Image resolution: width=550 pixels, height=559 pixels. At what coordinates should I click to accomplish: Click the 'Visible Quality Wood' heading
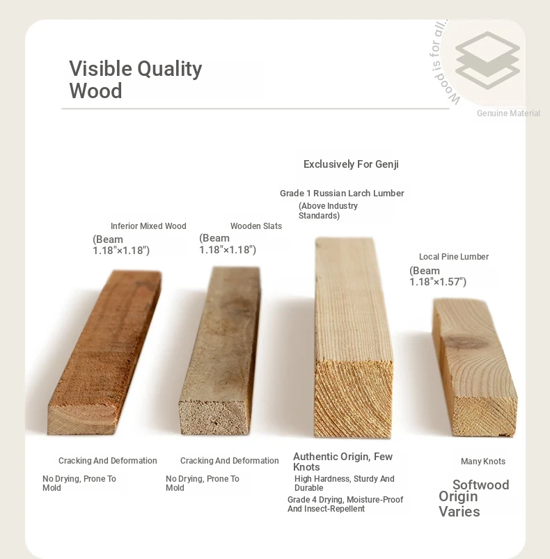[x=136, y=79]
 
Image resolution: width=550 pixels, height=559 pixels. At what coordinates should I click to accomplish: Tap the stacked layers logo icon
[x=487, y=61]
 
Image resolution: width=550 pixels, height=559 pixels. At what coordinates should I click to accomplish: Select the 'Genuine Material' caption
[x=508, y=113]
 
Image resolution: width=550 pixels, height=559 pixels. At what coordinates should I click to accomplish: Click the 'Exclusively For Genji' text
[x=351, y=164]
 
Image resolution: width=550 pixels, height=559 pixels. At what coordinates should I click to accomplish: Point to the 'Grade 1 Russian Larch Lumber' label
[x=342, y=194]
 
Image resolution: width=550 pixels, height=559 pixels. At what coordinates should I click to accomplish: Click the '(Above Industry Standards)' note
[x=328, y=211]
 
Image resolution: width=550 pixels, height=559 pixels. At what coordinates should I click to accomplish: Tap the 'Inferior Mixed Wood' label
[x=148, y=226]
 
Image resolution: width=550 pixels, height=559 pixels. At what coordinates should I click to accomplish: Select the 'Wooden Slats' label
[x=256, y=226]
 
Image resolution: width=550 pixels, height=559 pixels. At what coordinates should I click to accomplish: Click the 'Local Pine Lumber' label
[x=454, y=257]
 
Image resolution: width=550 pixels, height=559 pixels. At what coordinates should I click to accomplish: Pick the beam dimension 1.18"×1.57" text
[x=438, y=276]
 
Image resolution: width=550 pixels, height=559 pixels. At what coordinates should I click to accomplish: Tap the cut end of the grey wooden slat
[x=214, y=416]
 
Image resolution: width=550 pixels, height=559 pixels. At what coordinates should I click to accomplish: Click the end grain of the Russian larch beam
[x=353, y=399]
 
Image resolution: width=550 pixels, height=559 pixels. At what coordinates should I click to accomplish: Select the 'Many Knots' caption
[x=483, y=462]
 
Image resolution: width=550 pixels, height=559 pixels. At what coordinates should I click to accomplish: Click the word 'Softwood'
[x=481, y=485]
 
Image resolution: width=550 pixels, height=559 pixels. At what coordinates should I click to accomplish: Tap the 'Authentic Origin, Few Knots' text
[x=343, y=462]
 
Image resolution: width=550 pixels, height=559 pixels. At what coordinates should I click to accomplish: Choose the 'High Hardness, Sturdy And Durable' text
[x=345, y=483]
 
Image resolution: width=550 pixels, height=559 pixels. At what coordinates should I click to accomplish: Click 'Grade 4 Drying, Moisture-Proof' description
[x=345, y=499]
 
